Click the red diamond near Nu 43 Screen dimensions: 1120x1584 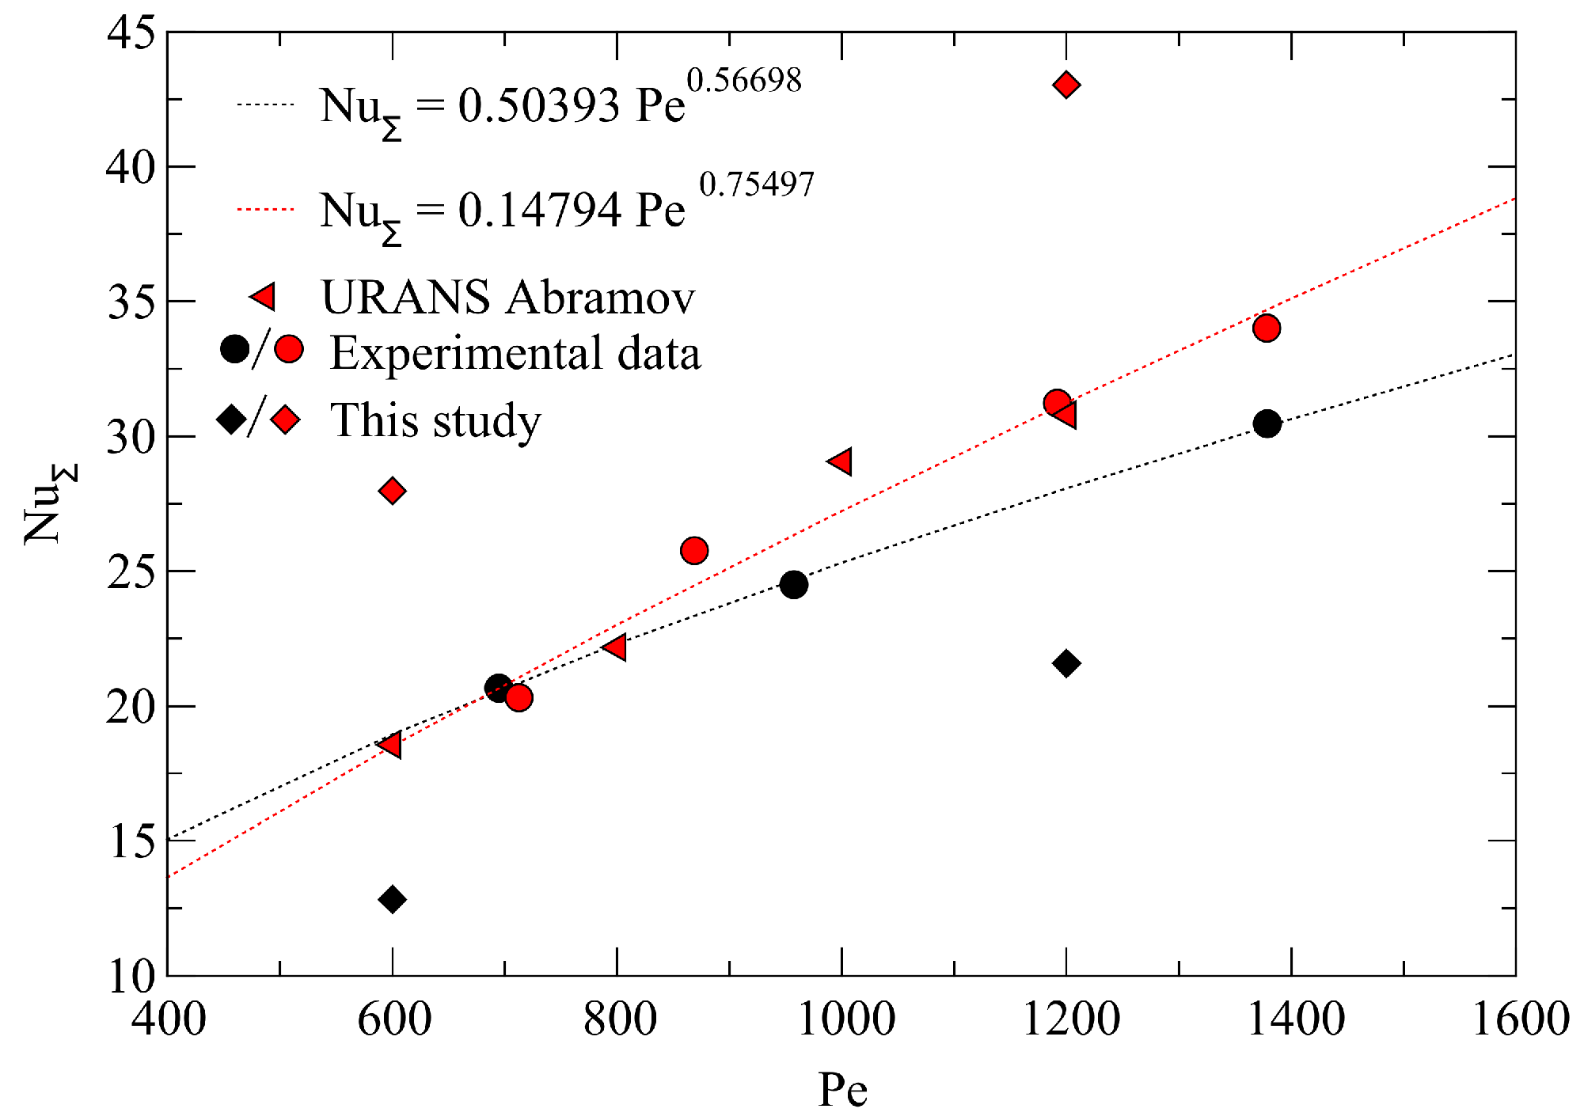pos(1066,85)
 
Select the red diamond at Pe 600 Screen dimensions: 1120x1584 pos(393,491)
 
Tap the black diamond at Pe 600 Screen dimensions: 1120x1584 pos(393,899)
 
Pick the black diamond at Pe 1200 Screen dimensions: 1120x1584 pos(1066,663)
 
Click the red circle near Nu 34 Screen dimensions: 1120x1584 pos(1267,328)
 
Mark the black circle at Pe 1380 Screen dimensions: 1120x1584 pos(1267,424)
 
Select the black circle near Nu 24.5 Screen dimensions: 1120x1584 pos(793,585)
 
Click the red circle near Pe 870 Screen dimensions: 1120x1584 pos(694,550)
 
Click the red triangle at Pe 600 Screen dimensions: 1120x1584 pos(390,744)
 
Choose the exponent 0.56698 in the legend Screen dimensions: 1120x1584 pos(743,80)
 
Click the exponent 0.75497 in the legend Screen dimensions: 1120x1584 pos(756,184)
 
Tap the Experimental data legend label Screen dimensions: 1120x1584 pos(515,353)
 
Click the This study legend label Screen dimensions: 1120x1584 pos(435,420)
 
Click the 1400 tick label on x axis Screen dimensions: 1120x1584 pos(1295,1019)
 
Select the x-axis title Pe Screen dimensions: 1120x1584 pos(842,1091)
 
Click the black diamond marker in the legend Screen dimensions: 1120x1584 pos(231,418)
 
